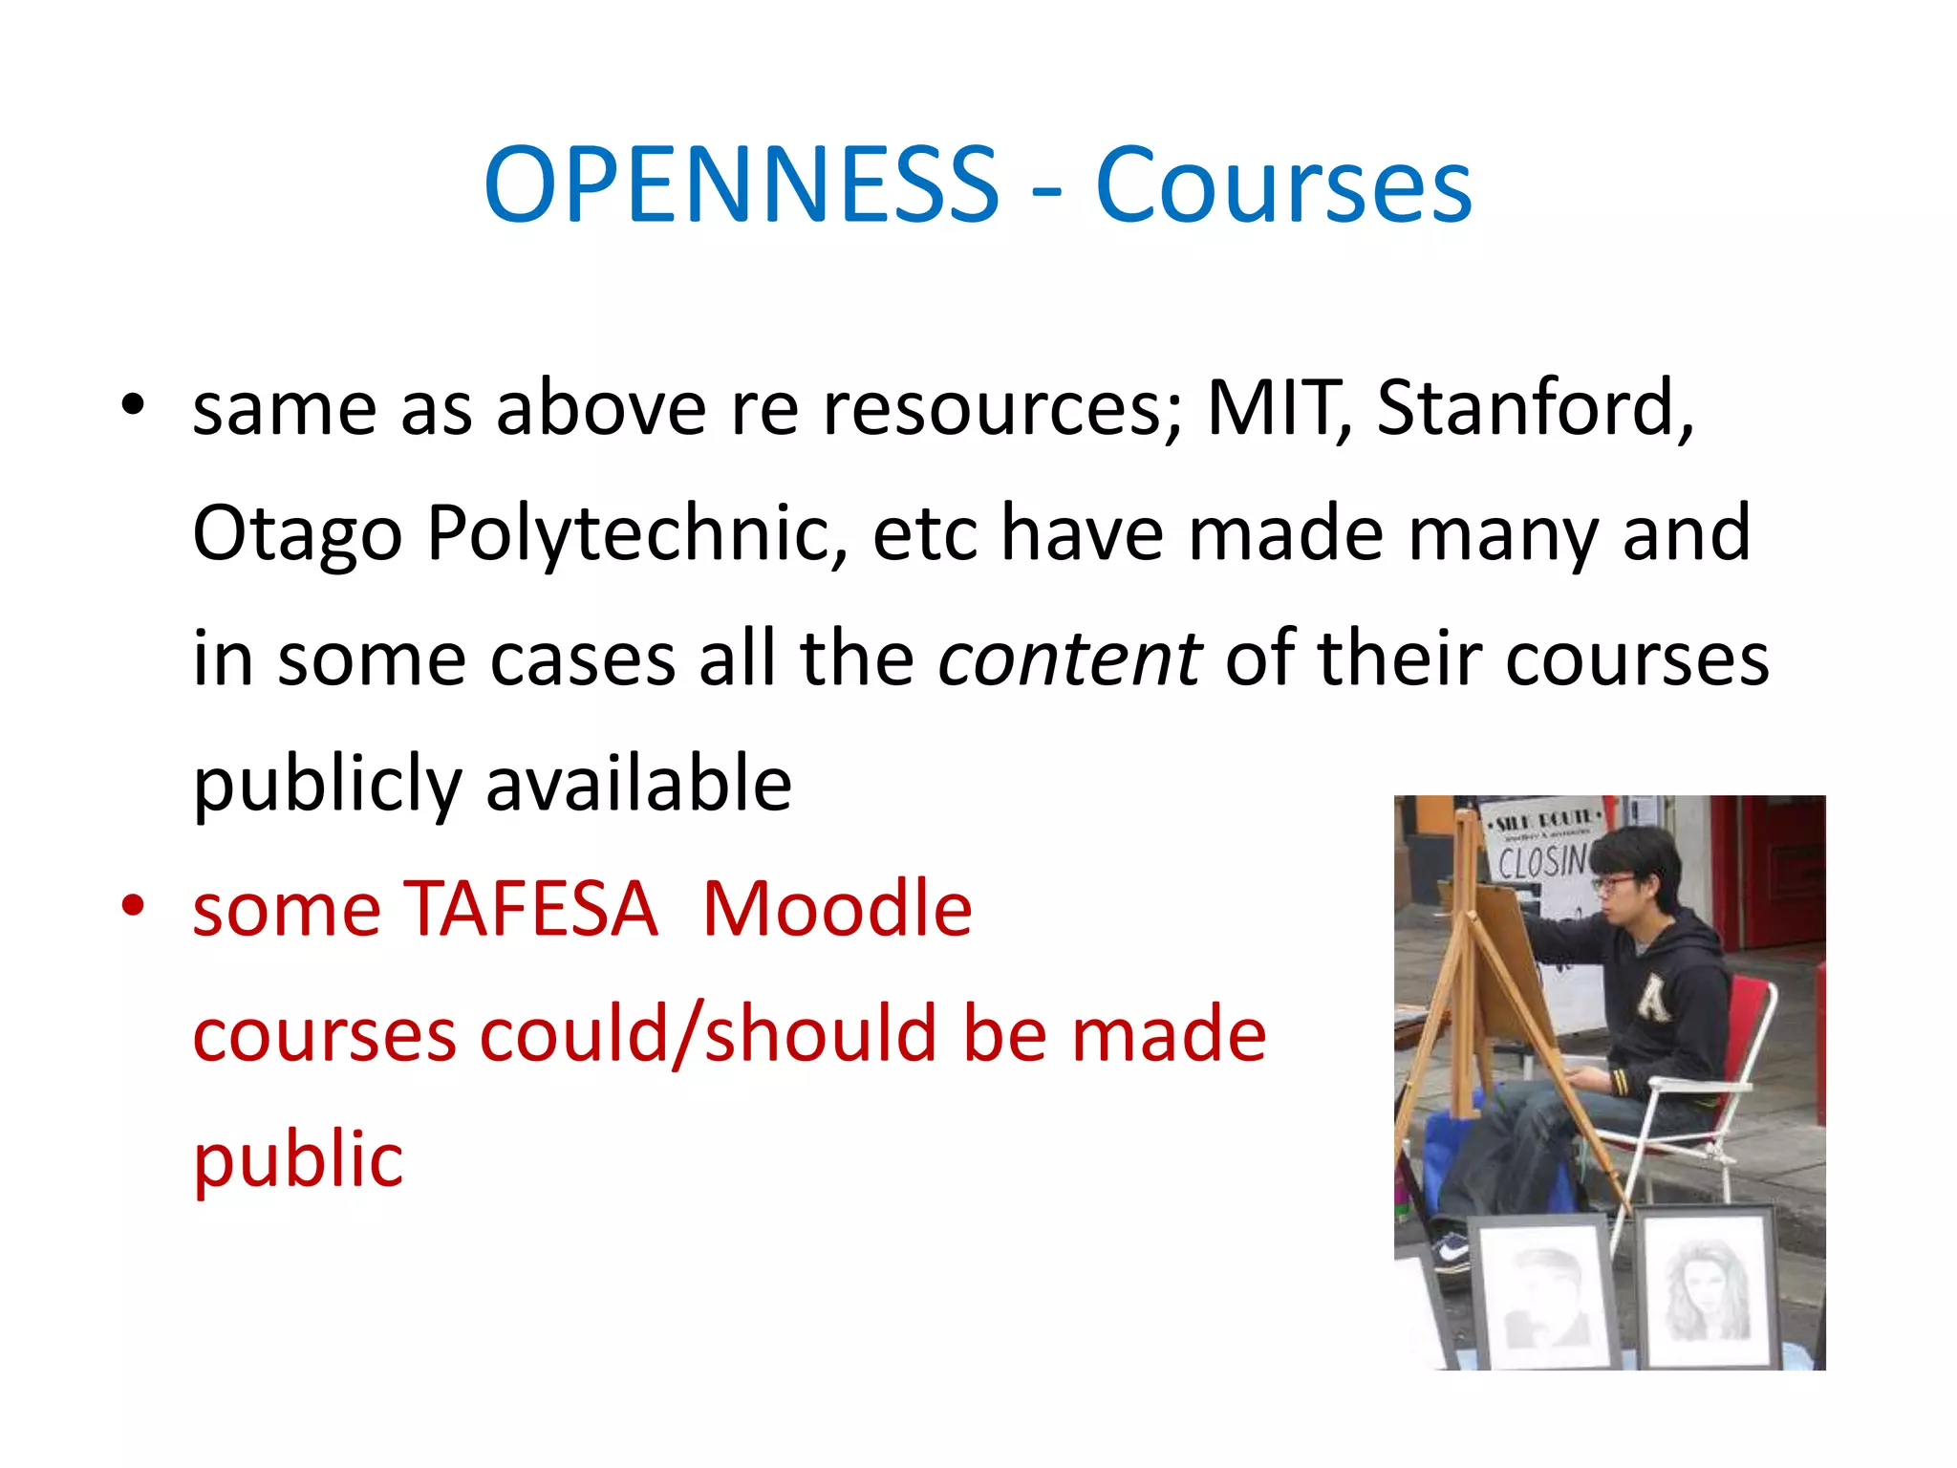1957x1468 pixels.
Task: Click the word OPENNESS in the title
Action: [742, 183]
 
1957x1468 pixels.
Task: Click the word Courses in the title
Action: [1282, 185]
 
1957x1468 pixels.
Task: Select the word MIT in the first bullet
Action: [1279, 408]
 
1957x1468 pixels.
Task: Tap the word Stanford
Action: [1533, 408]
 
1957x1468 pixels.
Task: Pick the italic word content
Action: [1069, 658]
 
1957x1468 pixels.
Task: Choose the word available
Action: [638, 784]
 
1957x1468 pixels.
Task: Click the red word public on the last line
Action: [298, 1160]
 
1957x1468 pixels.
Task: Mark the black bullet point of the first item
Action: [133, 405]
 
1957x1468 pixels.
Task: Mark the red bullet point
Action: [133, 905]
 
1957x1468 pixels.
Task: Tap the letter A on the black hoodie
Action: [1652, 1000]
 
